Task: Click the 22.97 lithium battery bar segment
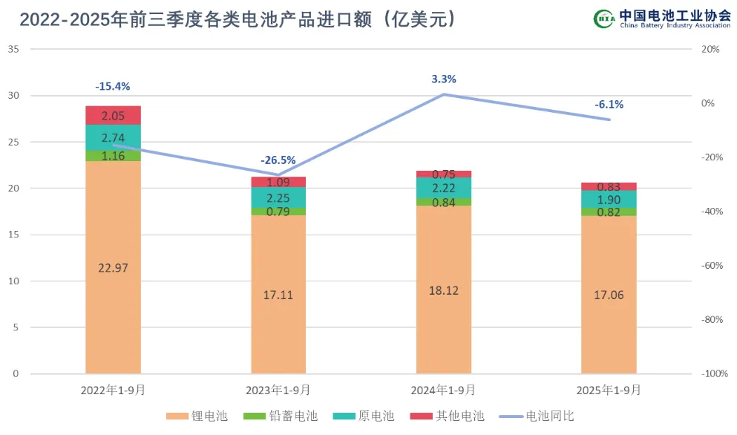113,267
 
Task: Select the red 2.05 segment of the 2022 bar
113,115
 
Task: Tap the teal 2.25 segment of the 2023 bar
278,197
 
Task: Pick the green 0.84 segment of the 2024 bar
444,202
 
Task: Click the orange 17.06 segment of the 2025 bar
609,295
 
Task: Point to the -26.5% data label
278,160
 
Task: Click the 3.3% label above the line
444,79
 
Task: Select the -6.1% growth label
609,105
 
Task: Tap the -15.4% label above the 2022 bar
113,87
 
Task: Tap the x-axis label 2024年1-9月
444,390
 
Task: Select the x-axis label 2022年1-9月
113,390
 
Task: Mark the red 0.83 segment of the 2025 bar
609,187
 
